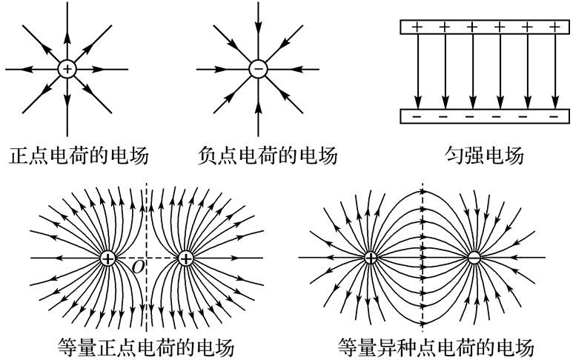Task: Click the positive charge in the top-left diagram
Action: tap(67, 69)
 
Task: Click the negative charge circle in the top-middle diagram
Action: tap(258, 69)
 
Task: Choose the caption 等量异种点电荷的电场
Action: tap(435, 347)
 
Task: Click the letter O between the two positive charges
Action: tap(138, 266)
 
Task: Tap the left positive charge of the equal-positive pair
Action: tap(109, 258)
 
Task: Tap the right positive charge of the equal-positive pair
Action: tap(185, 258)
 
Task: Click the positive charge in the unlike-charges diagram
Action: tap(370, 258)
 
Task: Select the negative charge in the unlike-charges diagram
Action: tap(474, 258)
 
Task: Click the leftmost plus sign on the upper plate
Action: tap(417, 27)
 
